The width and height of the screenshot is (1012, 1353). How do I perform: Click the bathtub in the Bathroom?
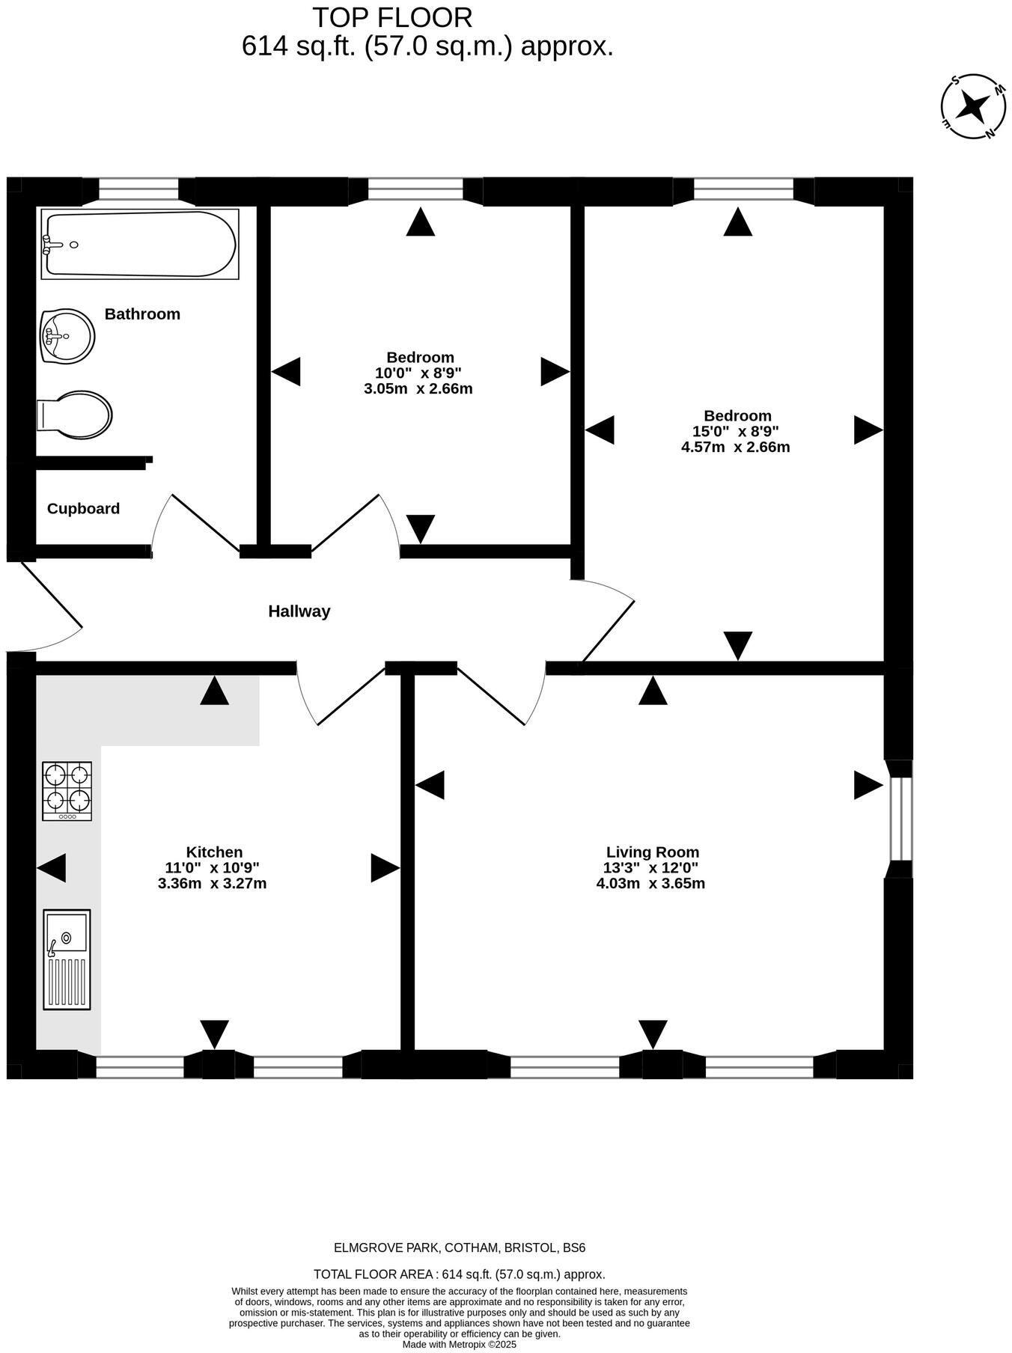tap(140, 244)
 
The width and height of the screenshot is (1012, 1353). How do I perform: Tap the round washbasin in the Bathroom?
tap(67, 336)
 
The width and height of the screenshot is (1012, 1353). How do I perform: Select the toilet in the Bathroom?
tap(75, 414)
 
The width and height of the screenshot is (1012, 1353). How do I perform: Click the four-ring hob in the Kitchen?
tap(67, 790)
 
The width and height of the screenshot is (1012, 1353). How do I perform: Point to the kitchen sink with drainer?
tap(67, 959)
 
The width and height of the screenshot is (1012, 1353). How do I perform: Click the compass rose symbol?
tap(973, 106)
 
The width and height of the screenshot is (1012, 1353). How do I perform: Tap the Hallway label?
tap(299, 611)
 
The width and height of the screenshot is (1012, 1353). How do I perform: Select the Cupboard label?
tap(83, 509)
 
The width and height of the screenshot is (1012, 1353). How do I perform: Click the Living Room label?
tap(652, 852)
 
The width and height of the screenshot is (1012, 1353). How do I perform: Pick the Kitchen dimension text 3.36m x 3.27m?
tap(213, 883)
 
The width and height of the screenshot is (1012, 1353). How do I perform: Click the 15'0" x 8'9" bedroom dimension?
tap(736, 431)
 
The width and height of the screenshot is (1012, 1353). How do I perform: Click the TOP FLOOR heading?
tap(392, 17)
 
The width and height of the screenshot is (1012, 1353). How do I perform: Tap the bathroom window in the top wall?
tap(138, 189)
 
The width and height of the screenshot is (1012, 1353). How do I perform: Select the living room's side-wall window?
tap(900, 819)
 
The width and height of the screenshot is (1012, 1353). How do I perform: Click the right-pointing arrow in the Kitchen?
tap(385, 867)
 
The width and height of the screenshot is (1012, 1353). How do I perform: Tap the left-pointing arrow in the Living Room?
tap(430, 785)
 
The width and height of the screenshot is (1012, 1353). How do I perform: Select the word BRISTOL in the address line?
tap(531, 1247)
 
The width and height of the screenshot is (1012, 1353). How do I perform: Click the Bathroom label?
tap(142, 314)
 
